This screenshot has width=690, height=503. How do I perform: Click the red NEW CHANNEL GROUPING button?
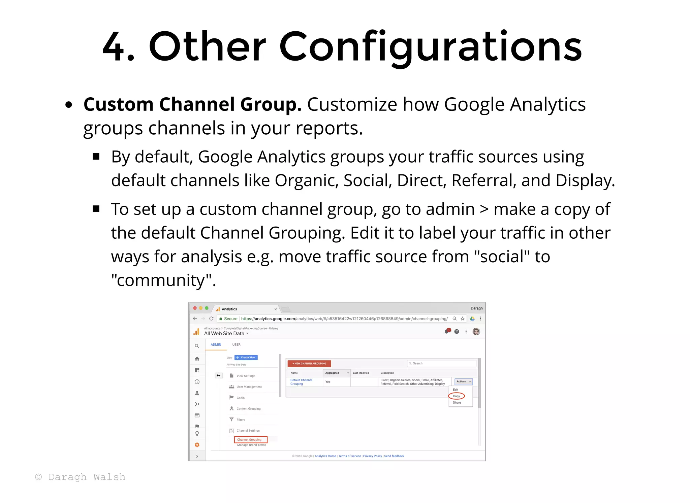tap(309, 363)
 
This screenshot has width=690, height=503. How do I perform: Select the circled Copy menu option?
tap(456, 396)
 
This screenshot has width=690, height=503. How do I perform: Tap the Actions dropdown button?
tap(464, 381)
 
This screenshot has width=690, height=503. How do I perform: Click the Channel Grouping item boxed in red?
tap(250, 439)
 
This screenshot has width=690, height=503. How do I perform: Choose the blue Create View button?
tap(246, 358)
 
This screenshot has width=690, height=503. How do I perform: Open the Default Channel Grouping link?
tap(301, 382)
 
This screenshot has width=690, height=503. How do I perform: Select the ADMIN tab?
tap(216, 344)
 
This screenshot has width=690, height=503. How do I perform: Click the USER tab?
tap(236, 344)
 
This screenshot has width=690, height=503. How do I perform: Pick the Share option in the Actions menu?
tap(457, 403)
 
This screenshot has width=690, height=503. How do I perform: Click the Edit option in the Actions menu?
tap(456, 390)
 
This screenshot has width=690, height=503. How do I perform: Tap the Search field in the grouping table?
tap(441, 363)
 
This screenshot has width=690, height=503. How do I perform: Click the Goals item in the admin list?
tap(241, 398)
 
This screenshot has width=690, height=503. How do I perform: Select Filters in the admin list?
tap(241, 420)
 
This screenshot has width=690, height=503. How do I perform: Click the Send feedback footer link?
tap(394, 456)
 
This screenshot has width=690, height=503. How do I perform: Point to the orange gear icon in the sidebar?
tap(197, 445)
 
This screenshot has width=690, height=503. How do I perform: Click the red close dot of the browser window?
tap(195, 308)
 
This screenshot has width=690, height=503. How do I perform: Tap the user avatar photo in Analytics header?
tap(476, 332)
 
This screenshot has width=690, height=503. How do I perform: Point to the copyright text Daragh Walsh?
tap(80, 477)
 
